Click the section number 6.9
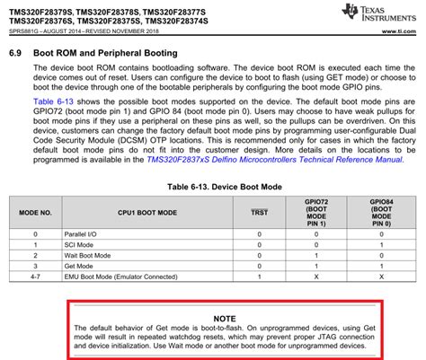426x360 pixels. (16, 53)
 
